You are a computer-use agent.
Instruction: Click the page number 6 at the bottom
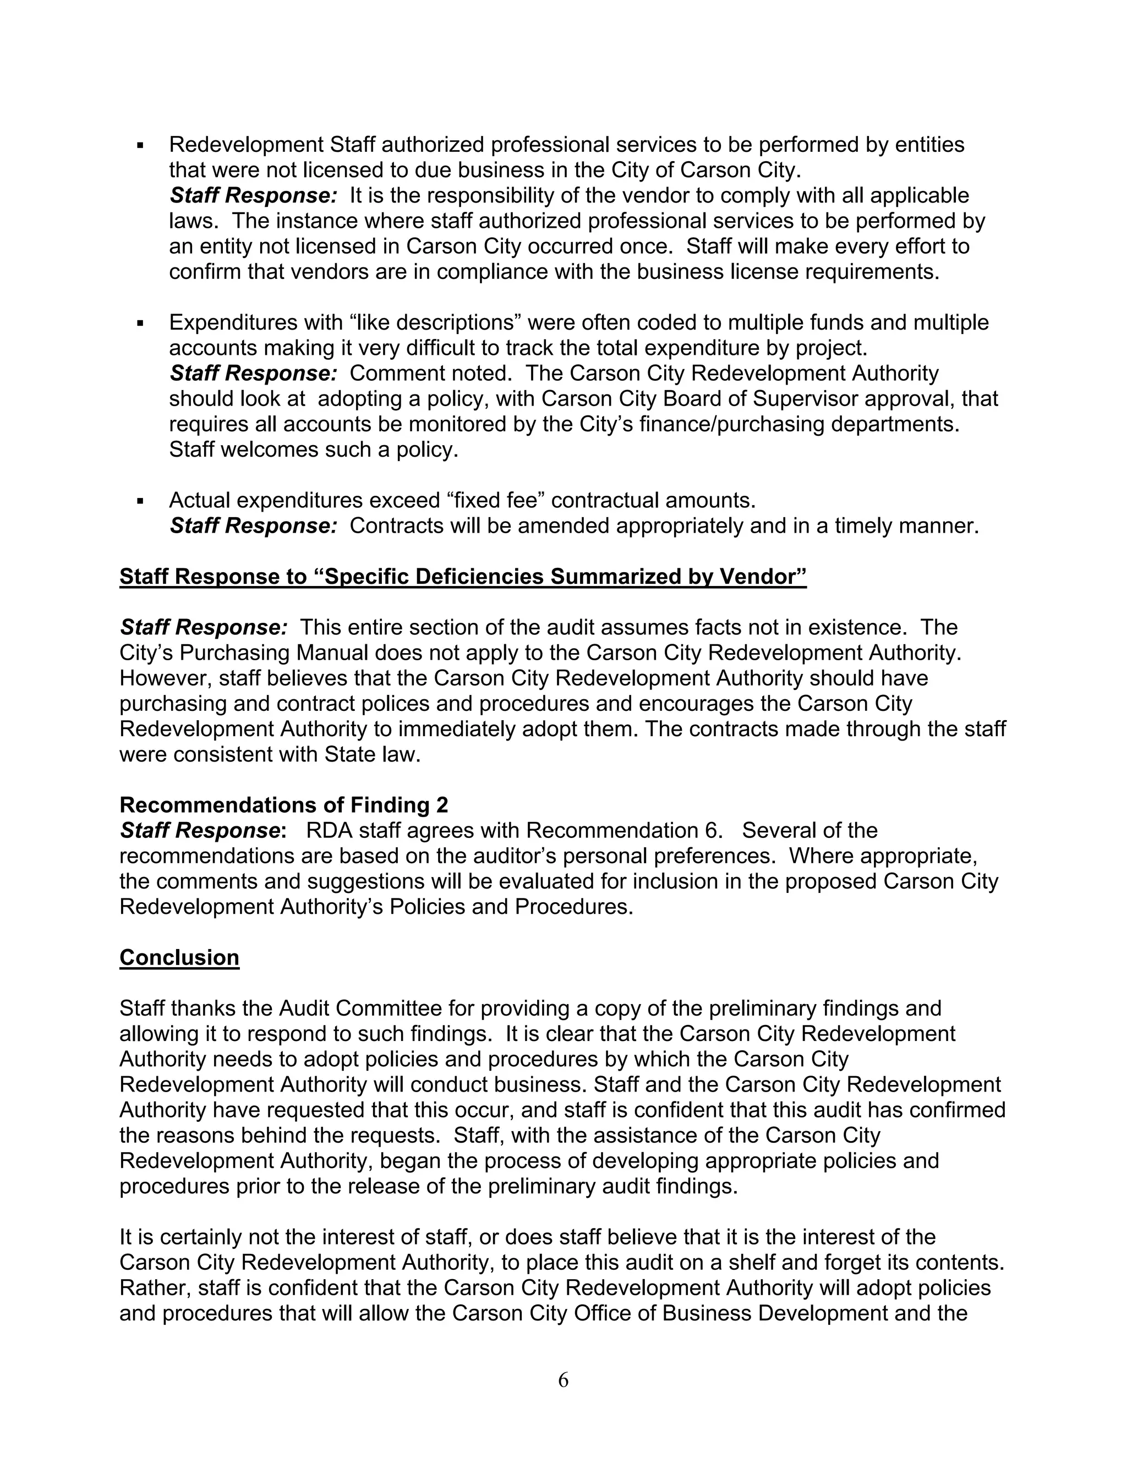point(563,1380)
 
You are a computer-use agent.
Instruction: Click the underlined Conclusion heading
point(179,957)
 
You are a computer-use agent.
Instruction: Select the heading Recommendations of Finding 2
point(284,805)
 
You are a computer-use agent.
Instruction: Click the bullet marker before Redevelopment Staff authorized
point(140,145)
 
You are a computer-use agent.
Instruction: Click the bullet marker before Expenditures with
point(140,323)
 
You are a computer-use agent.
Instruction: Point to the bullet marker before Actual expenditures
point(140,501)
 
